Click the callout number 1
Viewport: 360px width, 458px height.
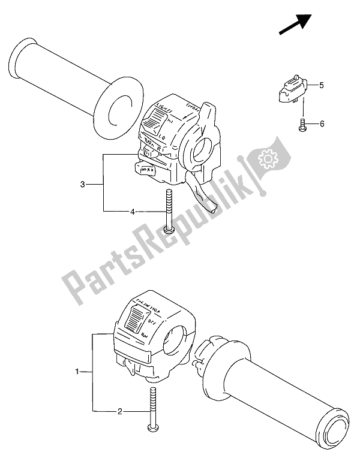(x=77, y=372)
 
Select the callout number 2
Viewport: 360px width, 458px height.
(x=120, y=411)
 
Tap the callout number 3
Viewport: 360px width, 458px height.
(x=84, y=183)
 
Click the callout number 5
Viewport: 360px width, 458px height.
(x=322, y=86)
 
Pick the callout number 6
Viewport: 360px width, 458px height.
(x=322, y=123)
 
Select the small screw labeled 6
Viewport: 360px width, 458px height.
(x=301, y=124)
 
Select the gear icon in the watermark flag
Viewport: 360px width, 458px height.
(x=266, y=160)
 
